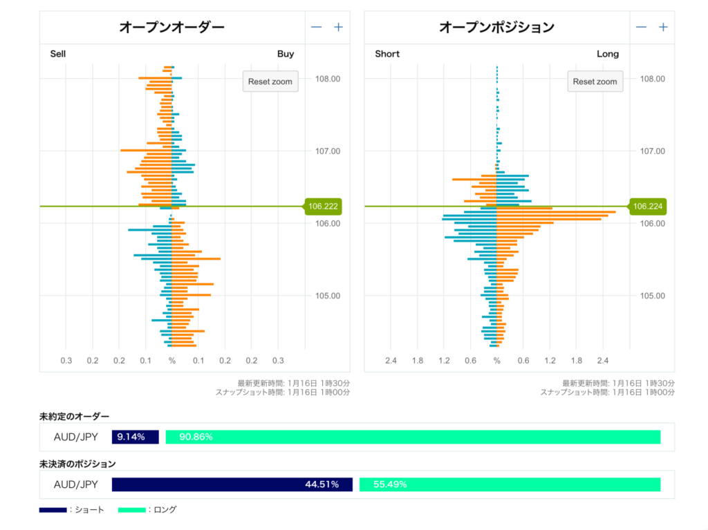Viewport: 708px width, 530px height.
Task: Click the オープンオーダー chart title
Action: (x=171, y=28)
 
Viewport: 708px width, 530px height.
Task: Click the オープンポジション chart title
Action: (x=496, y=28)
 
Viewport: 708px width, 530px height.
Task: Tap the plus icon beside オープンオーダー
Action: (x=338, y=28)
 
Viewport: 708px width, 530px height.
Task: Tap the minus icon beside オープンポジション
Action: (x=641, y=28)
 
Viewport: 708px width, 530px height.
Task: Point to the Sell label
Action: (x=58, y=54)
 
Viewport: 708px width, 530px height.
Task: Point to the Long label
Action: (x=608, y=54)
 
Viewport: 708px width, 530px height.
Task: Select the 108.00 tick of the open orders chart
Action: (x=327, y=79)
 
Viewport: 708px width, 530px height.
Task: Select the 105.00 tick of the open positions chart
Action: (x=652, y=296)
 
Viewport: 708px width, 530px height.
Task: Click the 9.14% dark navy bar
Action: (x=136, y=437)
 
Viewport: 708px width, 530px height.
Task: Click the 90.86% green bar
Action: (x=413, y=437)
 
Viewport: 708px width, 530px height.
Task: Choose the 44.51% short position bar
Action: (x=232, y=484)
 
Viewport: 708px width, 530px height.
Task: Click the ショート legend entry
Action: (x=72, y=510)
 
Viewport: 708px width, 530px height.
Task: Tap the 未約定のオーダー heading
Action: (x=74, y=416)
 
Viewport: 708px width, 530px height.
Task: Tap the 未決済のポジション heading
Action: (x=77, y=464)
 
